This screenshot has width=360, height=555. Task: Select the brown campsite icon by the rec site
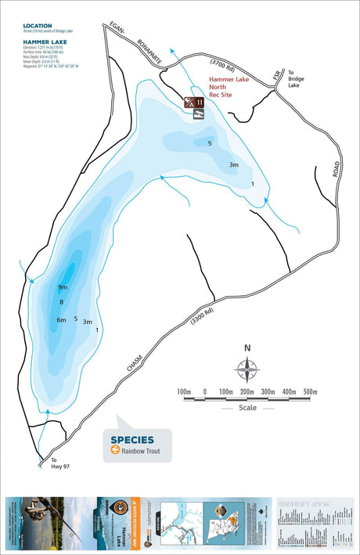point(191,102)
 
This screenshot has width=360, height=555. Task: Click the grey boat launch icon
point(200,114)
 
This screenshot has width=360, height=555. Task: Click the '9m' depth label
point(62,288)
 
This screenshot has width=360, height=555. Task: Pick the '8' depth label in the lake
point(61,302)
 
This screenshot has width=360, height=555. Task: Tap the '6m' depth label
point(61,320)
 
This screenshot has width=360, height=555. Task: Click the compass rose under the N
point(247,367)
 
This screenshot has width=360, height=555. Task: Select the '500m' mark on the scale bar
point(310,391)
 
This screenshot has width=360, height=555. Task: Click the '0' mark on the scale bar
point(205,391)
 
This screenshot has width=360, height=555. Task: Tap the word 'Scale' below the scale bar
point(247,408)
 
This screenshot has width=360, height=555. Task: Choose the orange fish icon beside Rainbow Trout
point(115,451)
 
